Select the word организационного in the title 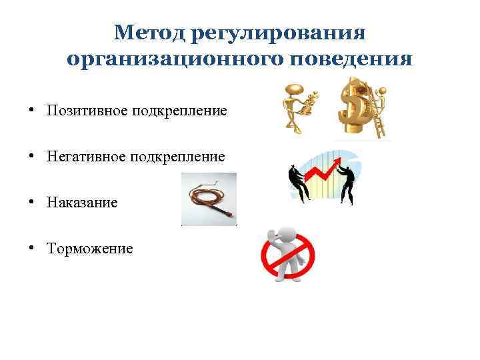(x=176, y=59)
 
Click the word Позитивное (x=83, y=110)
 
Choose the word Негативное (x=83, y=157)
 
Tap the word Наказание (x=82, y=202)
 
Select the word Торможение (x=89, y=249)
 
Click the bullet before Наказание (x=31, y=202)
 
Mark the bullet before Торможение (x=31, y=249)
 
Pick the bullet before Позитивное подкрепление (x=31, y=110)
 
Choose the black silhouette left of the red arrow (x=297, y=183)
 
